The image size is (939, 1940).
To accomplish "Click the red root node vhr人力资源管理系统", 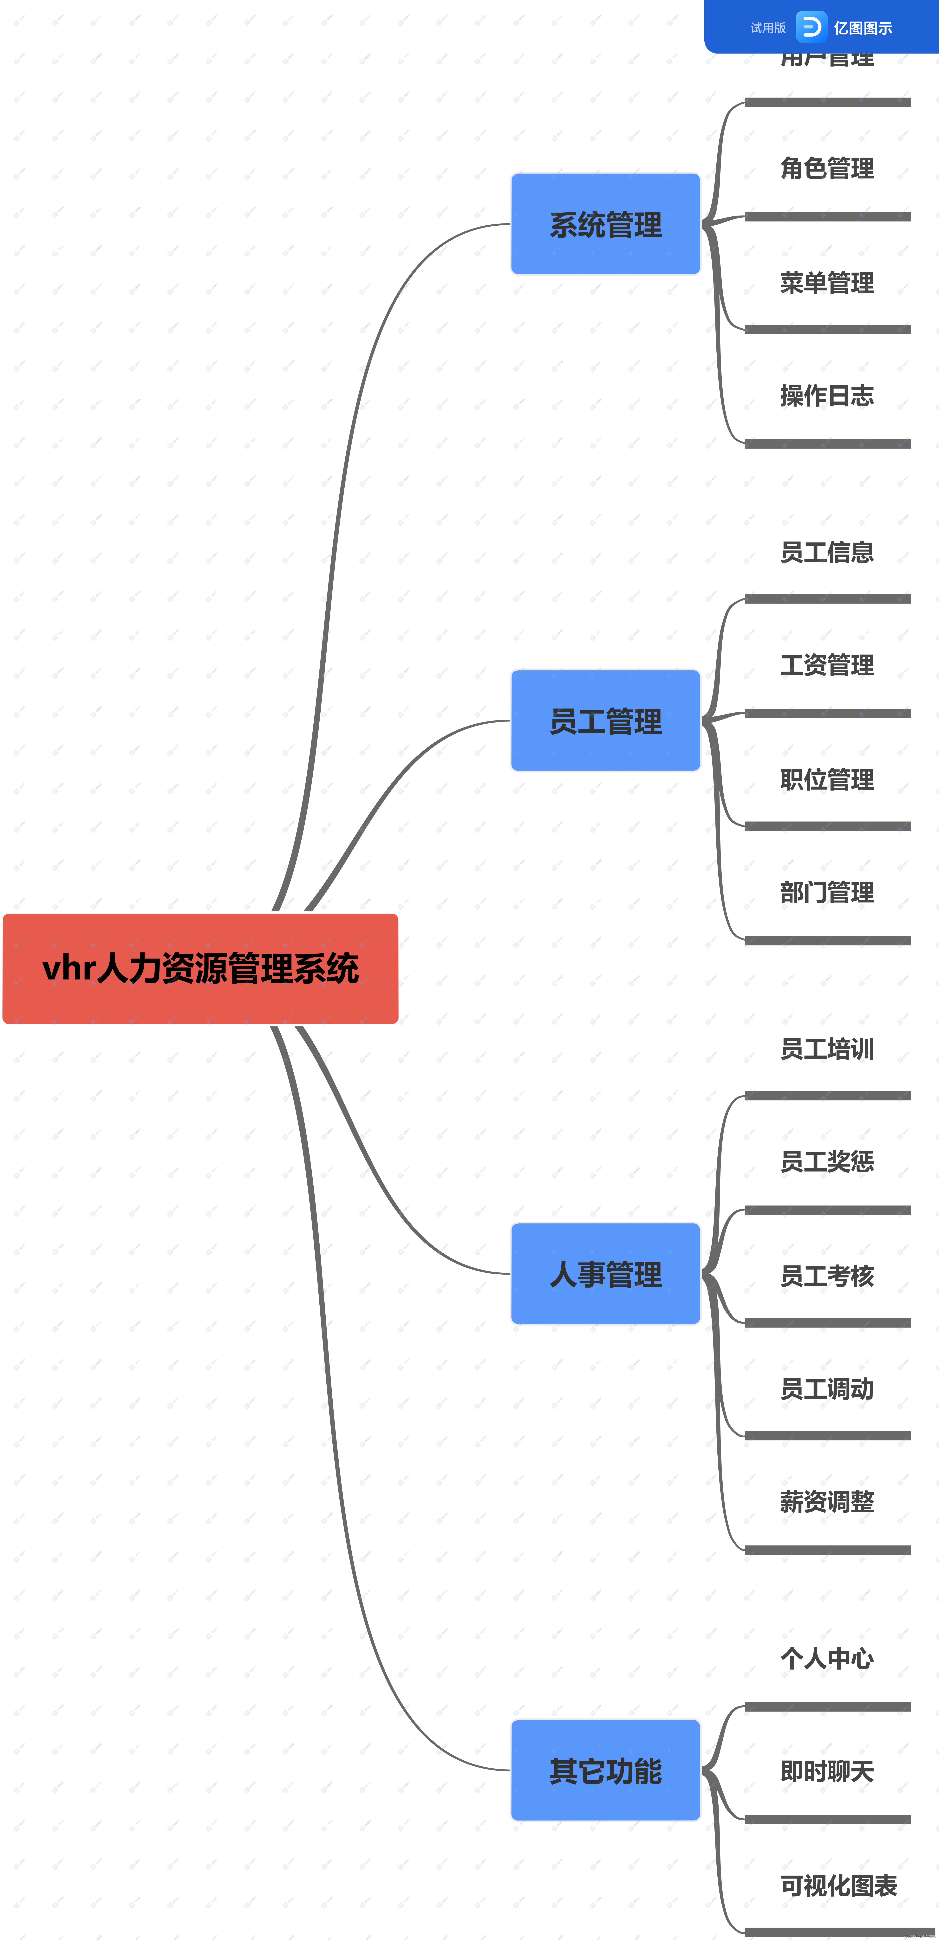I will (200, 968).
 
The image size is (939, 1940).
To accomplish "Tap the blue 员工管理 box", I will (605, 721).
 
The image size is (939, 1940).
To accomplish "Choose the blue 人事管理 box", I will (605, 1273).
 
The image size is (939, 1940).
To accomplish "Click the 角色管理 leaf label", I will (827, 168).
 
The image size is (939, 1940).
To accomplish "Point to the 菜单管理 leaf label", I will (827, 282).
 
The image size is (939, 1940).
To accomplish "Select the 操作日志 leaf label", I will (827, 395).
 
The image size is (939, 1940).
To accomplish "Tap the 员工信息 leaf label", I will (827, 552).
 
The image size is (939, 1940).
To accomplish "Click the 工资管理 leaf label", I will (827, 665).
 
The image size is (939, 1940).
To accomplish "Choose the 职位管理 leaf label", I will (827, 779).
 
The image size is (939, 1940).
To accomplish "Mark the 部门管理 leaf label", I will (827, 892).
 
